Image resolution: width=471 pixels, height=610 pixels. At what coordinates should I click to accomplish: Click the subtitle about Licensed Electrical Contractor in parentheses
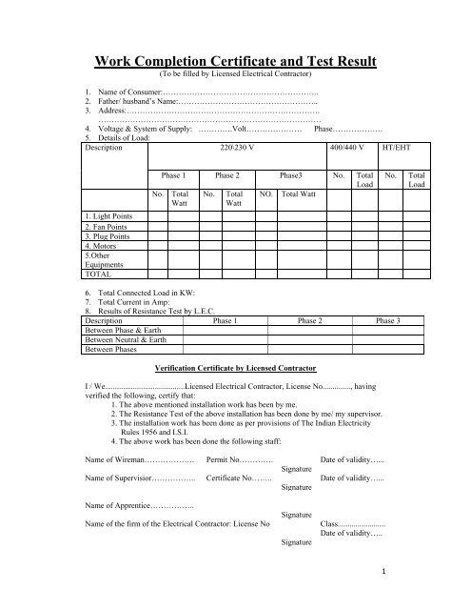237,77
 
